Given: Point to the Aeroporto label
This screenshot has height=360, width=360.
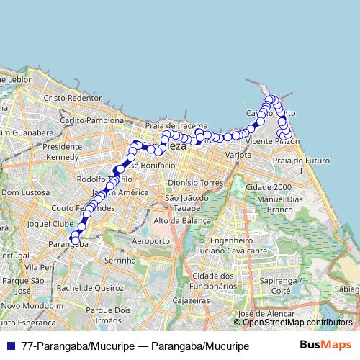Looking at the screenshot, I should tap(151, 240).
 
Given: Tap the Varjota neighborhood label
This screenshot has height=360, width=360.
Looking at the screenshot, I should tap(238, 154).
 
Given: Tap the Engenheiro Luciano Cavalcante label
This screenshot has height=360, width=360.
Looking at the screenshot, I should tap(230, 245).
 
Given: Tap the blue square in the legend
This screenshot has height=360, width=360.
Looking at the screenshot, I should tap(13, 346).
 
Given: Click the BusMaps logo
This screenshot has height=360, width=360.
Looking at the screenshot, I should tap(325, 346).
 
